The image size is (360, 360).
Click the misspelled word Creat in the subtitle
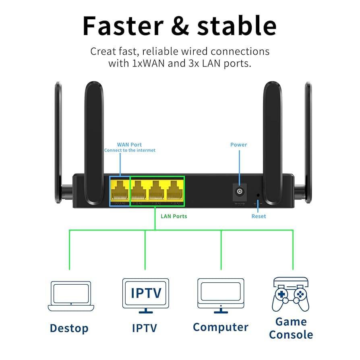tap(102, 52)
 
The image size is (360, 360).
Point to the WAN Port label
tap(129, 145)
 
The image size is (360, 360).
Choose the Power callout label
tap(238, 145)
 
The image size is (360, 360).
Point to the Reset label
tap(259, 216)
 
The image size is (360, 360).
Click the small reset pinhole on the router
tap(258, 195)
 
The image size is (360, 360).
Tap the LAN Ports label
tap(174, 216)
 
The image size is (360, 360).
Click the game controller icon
tap(290, 294)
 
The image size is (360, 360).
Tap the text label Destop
tap(69, 328)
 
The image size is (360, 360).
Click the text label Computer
tap(220, 327)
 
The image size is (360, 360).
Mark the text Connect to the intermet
tap(130, 150)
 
